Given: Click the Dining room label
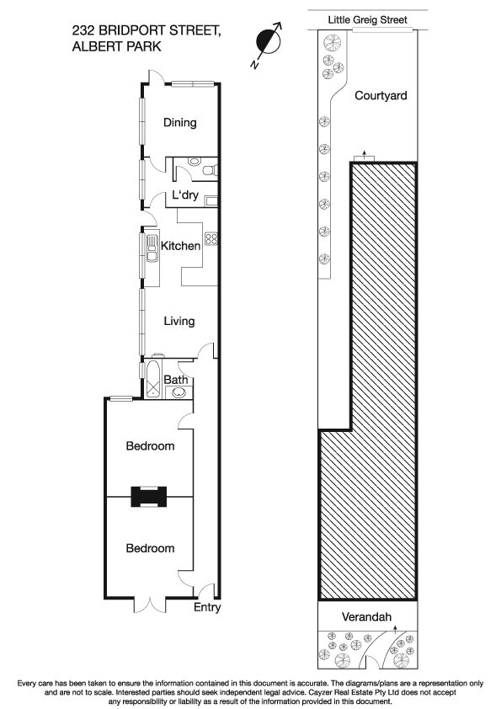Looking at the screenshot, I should (179, 123).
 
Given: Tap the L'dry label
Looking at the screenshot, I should (184, 196).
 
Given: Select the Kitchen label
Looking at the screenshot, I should (181, 247).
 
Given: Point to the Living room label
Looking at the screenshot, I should (179, 322).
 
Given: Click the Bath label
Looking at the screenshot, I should (175, 381).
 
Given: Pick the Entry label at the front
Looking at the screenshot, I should (206, 607).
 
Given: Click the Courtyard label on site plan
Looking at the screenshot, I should (381, 96).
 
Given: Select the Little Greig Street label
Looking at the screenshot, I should (367, 19).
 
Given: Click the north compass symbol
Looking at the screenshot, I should (269, 41).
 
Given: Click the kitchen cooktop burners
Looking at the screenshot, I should (211, 238).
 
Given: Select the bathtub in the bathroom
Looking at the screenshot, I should (155, 381).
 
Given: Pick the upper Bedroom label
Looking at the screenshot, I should (150, 446).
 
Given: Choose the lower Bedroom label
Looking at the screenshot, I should (150, 548).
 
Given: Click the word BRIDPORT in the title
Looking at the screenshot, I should (133, 31).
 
